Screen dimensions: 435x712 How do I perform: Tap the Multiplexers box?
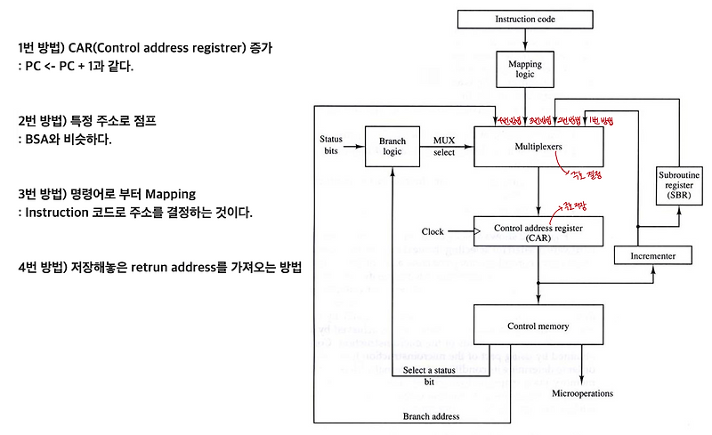click(538, 146)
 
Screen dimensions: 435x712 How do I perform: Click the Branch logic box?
click(392, 146)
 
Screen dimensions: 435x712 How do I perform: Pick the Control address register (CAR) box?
click(538, 232)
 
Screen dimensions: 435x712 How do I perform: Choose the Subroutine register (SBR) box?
click(679, 183)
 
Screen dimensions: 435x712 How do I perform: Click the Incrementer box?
click(653, 256)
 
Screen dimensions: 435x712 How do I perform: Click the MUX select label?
click(444, 146)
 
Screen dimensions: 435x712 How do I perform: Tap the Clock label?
click(433, 232)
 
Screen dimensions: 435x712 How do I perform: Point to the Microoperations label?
click(583, 392)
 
